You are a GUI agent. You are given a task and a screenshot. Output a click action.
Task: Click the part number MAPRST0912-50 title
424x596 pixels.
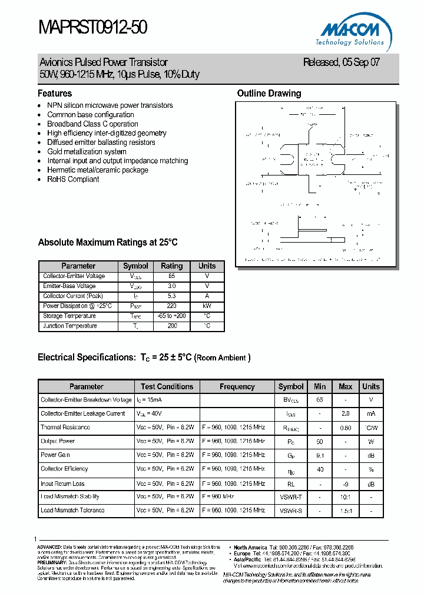[92, 27]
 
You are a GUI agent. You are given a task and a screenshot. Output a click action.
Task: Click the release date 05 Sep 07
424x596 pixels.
[341, 62]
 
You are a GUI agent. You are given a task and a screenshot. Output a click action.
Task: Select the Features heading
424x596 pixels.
[55, 93]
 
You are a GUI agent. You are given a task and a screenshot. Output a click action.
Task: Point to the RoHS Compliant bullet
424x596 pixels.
[73, 179]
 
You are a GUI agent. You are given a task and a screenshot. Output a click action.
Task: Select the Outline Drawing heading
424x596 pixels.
[269, 93]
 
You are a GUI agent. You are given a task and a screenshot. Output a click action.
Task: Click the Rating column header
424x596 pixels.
[172, 266]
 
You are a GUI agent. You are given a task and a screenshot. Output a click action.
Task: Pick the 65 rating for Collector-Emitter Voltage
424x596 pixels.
[172, 276]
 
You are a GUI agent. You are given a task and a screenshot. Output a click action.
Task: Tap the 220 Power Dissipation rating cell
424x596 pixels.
[172, 306]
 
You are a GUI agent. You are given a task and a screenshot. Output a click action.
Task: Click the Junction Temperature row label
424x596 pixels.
[70, 326]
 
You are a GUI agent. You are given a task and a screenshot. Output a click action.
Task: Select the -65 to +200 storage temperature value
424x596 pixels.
[172, 316]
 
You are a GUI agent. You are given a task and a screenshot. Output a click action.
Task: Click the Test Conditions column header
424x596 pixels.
[167, 386]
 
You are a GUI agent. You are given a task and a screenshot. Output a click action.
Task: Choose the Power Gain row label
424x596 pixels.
[56, 455]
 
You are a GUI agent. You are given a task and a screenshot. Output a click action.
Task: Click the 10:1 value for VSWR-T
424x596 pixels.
[345, 496]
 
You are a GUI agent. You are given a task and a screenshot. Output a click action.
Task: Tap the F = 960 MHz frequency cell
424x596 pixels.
[221, 496]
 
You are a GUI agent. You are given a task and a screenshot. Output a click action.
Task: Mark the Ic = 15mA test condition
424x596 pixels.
[148, 400]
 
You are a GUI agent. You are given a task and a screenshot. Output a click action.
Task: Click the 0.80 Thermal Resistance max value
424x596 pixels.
[345, 428]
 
